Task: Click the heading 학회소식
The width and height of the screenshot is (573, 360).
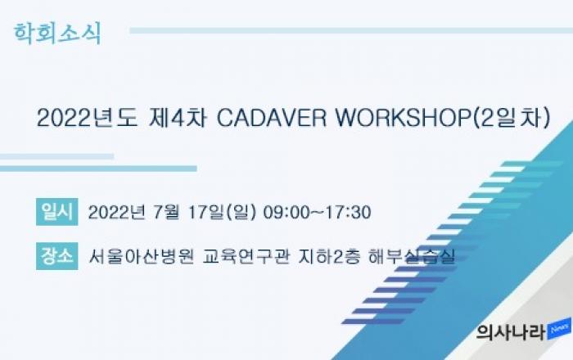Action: [57, 34]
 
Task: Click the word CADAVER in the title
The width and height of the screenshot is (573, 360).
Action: [271, 119]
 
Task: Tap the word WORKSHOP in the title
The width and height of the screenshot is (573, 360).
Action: [404, 119]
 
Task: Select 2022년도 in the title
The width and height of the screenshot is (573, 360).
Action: [87, 119]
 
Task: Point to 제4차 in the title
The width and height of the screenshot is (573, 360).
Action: [178, 119]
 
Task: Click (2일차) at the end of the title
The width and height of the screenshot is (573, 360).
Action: [512, 119]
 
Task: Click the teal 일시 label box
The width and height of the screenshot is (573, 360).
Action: [57, 212]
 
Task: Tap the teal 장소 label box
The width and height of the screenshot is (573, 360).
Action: [57, 256]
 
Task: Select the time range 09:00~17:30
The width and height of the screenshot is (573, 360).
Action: [318, 212]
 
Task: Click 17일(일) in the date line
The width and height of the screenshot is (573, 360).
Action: [222, 212]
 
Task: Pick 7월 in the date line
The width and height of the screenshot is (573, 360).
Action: [166, 212]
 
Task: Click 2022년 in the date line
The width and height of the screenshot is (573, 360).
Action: [117, 212]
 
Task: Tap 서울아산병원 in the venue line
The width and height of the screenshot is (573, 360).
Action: [141, 256]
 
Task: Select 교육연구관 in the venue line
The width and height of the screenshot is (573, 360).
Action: [246, 256]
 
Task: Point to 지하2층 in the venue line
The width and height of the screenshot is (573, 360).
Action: [329, 256]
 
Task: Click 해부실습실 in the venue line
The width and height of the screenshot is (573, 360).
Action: [412, 256]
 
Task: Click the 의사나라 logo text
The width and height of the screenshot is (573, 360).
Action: [511, 332]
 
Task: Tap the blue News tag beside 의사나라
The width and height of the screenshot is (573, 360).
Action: [559, 329]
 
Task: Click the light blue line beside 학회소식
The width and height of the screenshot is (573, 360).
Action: [351, 30]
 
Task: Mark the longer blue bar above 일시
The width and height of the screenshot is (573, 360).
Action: [98, 169]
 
